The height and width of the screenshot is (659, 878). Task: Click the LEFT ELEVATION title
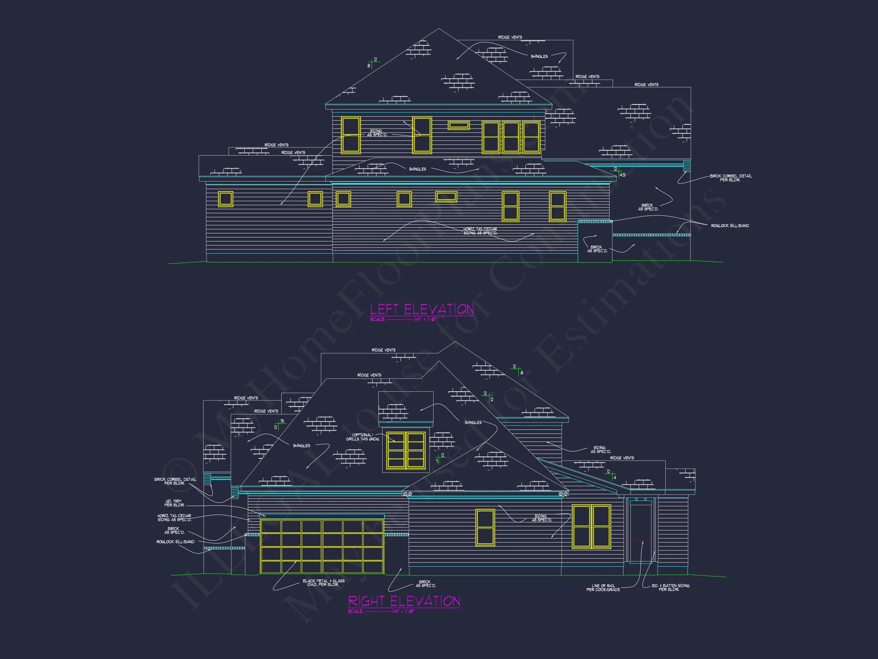click(x=422, y=309)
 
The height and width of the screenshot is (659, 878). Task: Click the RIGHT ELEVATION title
click(x=404, y=601)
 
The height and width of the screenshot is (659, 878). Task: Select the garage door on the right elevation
click(x=322, y=546)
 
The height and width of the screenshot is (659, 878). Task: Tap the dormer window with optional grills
click(x=406, y=450)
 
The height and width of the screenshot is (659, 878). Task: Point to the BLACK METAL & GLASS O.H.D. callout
click(x=323, y=583)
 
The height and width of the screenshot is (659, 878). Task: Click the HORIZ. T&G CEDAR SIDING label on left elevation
click(x=480, y=231)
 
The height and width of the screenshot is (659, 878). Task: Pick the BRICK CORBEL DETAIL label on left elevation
click(x=731, y=178)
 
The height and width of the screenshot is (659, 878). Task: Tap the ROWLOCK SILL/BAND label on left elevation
click(x=729, y=226)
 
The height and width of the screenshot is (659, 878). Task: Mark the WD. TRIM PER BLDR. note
click(x=174, y=503)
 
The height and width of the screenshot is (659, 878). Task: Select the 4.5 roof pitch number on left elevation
click(x=622, y=175)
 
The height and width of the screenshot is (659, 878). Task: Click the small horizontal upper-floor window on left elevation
click(x=458, y=125)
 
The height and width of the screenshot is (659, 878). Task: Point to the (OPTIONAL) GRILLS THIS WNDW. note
click(x=362, y=437)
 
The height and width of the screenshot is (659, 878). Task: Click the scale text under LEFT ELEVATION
click(x=403, y=319)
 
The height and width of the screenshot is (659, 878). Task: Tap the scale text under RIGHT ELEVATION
click(x=381, y=611)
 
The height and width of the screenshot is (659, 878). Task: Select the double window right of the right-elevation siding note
click(x=591, y=526)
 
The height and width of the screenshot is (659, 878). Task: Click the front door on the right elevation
click(x=640, y=532)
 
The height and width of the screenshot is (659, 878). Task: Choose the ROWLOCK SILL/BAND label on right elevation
click(x=175, y=542)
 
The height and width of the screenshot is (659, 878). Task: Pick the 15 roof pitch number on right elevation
click(x=282, y=421)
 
